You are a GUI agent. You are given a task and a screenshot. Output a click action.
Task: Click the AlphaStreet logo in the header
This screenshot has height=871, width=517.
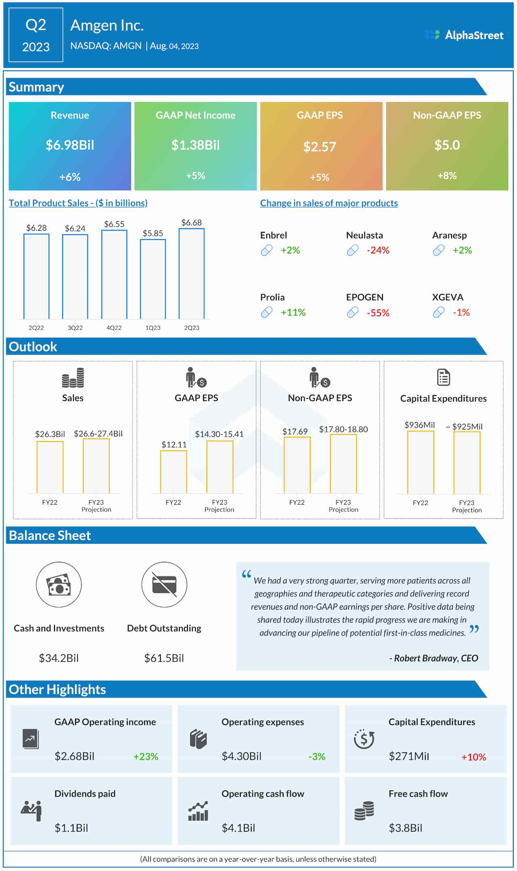pos(464,35)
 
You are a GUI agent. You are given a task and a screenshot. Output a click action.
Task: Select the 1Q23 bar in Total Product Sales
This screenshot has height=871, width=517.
pos(153,279)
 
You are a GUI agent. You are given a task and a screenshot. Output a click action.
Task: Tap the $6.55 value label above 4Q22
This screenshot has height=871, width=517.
pos(114,224)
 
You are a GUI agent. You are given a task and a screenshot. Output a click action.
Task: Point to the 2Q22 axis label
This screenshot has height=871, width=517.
pos(36,328)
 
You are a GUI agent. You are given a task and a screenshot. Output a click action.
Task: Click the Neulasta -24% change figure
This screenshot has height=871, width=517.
pos(378,250)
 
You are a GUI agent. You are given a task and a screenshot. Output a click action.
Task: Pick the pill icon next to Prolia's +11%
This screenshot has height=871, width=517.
pos(267,312)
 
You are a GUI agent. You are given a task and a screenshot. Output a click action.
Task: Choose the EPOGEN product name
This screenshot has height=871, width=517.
pos(364,297)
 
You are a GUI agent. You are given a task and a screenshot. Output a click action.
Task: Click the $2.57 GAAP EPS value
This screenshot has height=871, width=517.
pos(319,147)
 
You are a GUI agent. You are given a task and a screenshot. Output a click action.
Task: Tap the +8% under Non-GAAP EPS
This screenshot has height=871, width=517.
pos(447,176)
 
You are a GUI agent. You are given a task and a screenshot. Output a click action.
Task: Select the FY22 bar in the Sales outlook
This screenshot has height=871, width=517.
pos(50,467)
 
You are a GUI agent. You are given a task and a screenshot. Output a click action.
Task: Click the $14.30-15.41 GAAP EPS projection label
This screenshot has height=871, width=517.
pos(219,434)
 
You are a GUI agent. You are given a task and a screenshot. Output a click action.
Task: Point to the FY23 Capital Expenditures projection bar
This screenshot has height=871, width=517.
pos(467,463)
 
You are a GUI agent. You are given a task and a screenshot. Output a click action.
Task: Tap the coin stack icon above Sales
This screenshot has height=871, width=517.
pos(73,377)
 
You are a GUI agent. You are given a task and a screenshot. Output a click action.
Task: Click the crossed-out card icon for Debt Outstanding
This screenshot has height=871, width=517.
pos(164,585)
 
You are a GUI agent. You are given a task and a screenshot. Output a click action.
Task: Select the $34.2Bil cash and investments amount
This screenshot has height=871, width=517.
pos(59,658)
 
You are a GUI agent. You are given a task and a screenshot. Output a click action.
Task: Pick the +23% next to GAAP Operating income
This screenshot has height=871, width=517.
pos(145,756)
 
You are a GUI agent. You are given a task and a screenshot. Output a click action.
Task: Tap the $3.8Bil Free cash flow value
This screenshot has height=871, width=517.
pos(405,828)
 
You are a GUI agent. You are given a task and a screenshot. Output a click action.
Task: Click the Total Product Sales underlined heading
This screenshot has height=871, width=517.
pos(78,203)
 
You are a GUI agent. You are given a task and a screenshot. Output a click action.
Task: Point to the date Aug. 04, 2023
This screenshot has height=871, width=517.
pos(174,46)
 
